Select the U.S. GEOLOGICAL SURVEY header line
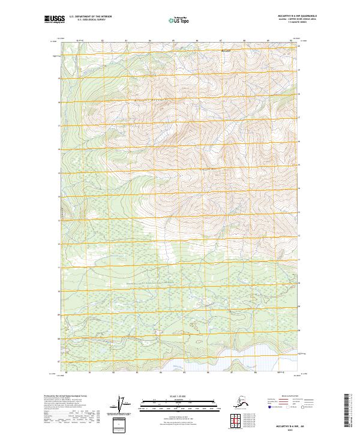tap(86, 22)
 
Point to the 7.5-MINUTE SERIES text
tap(282, 25)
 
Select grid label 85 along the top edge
tap(173, 40)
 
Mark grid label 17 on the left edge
tap(59, 125)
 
